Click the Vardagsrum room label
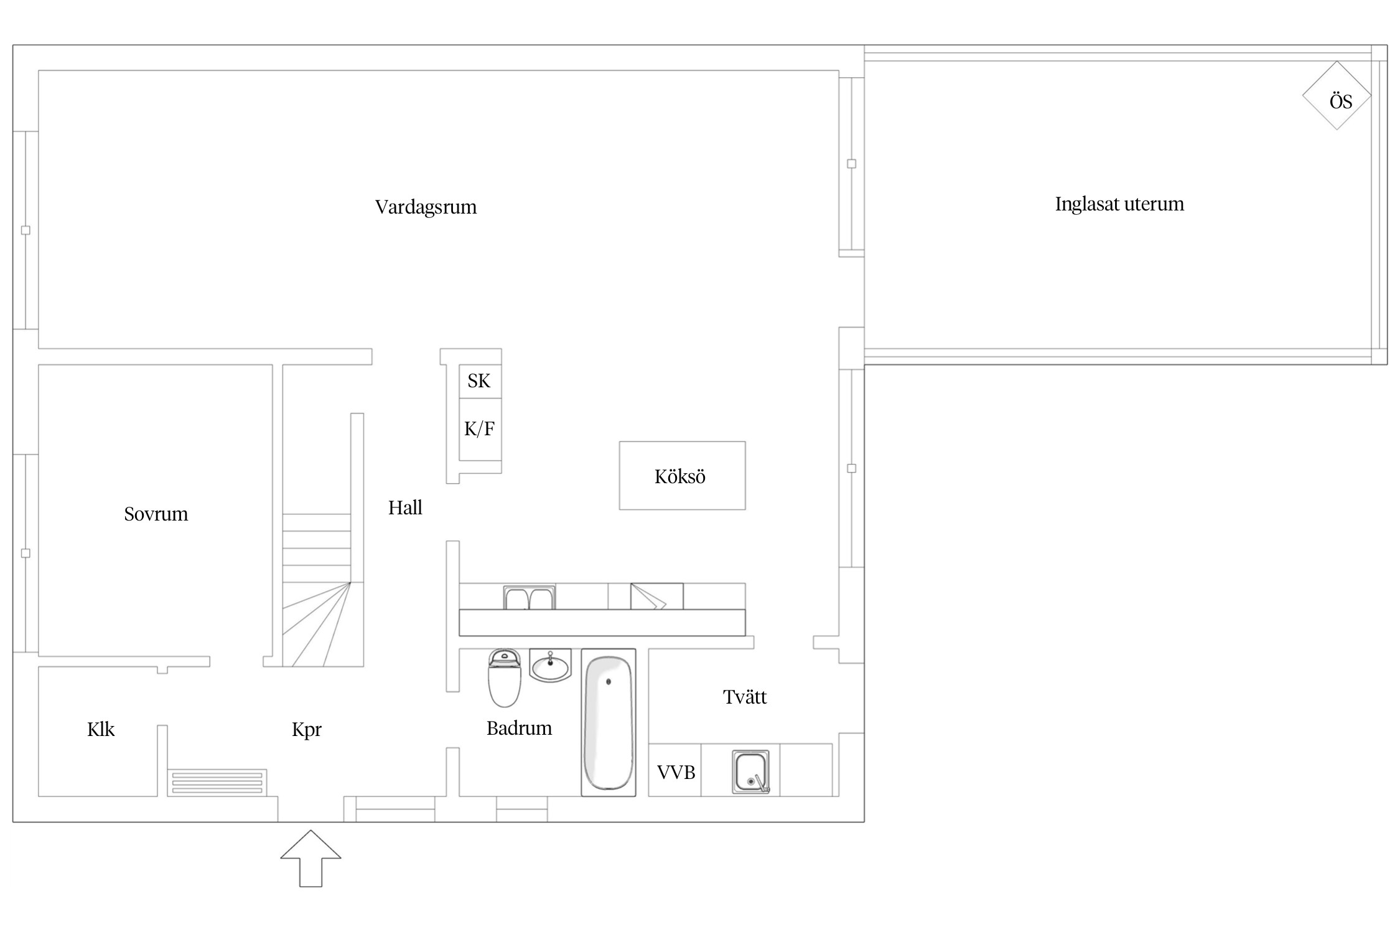(x=426, y=207)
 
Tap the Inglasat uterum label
(x=1119, y=204)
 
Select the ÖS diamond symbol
(x=1337, y=96)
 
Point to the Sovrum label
(x=156, y=514)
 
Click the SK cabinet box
(x=480, y=381)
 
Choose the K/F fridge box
(x=480, y=429)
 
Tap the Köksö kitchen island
(x=682, y=476)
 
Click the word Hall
(x=405, y=507)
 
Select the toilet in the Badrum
(x=504, y=679)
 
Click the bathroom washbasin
(x=550, y=666)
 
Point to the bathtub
(x=609, y=722)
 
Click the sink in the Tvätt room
(x=751, y=771)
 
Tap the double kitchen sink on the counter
(x=530, y=598)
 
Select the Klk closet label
(x=101, y=729)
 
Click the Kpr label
(x=307, y=729)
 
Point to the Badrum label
(x=519, y=728)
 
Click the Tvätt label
(x=745, y=697)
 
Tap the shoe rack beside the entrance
(x=217, y=783)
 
